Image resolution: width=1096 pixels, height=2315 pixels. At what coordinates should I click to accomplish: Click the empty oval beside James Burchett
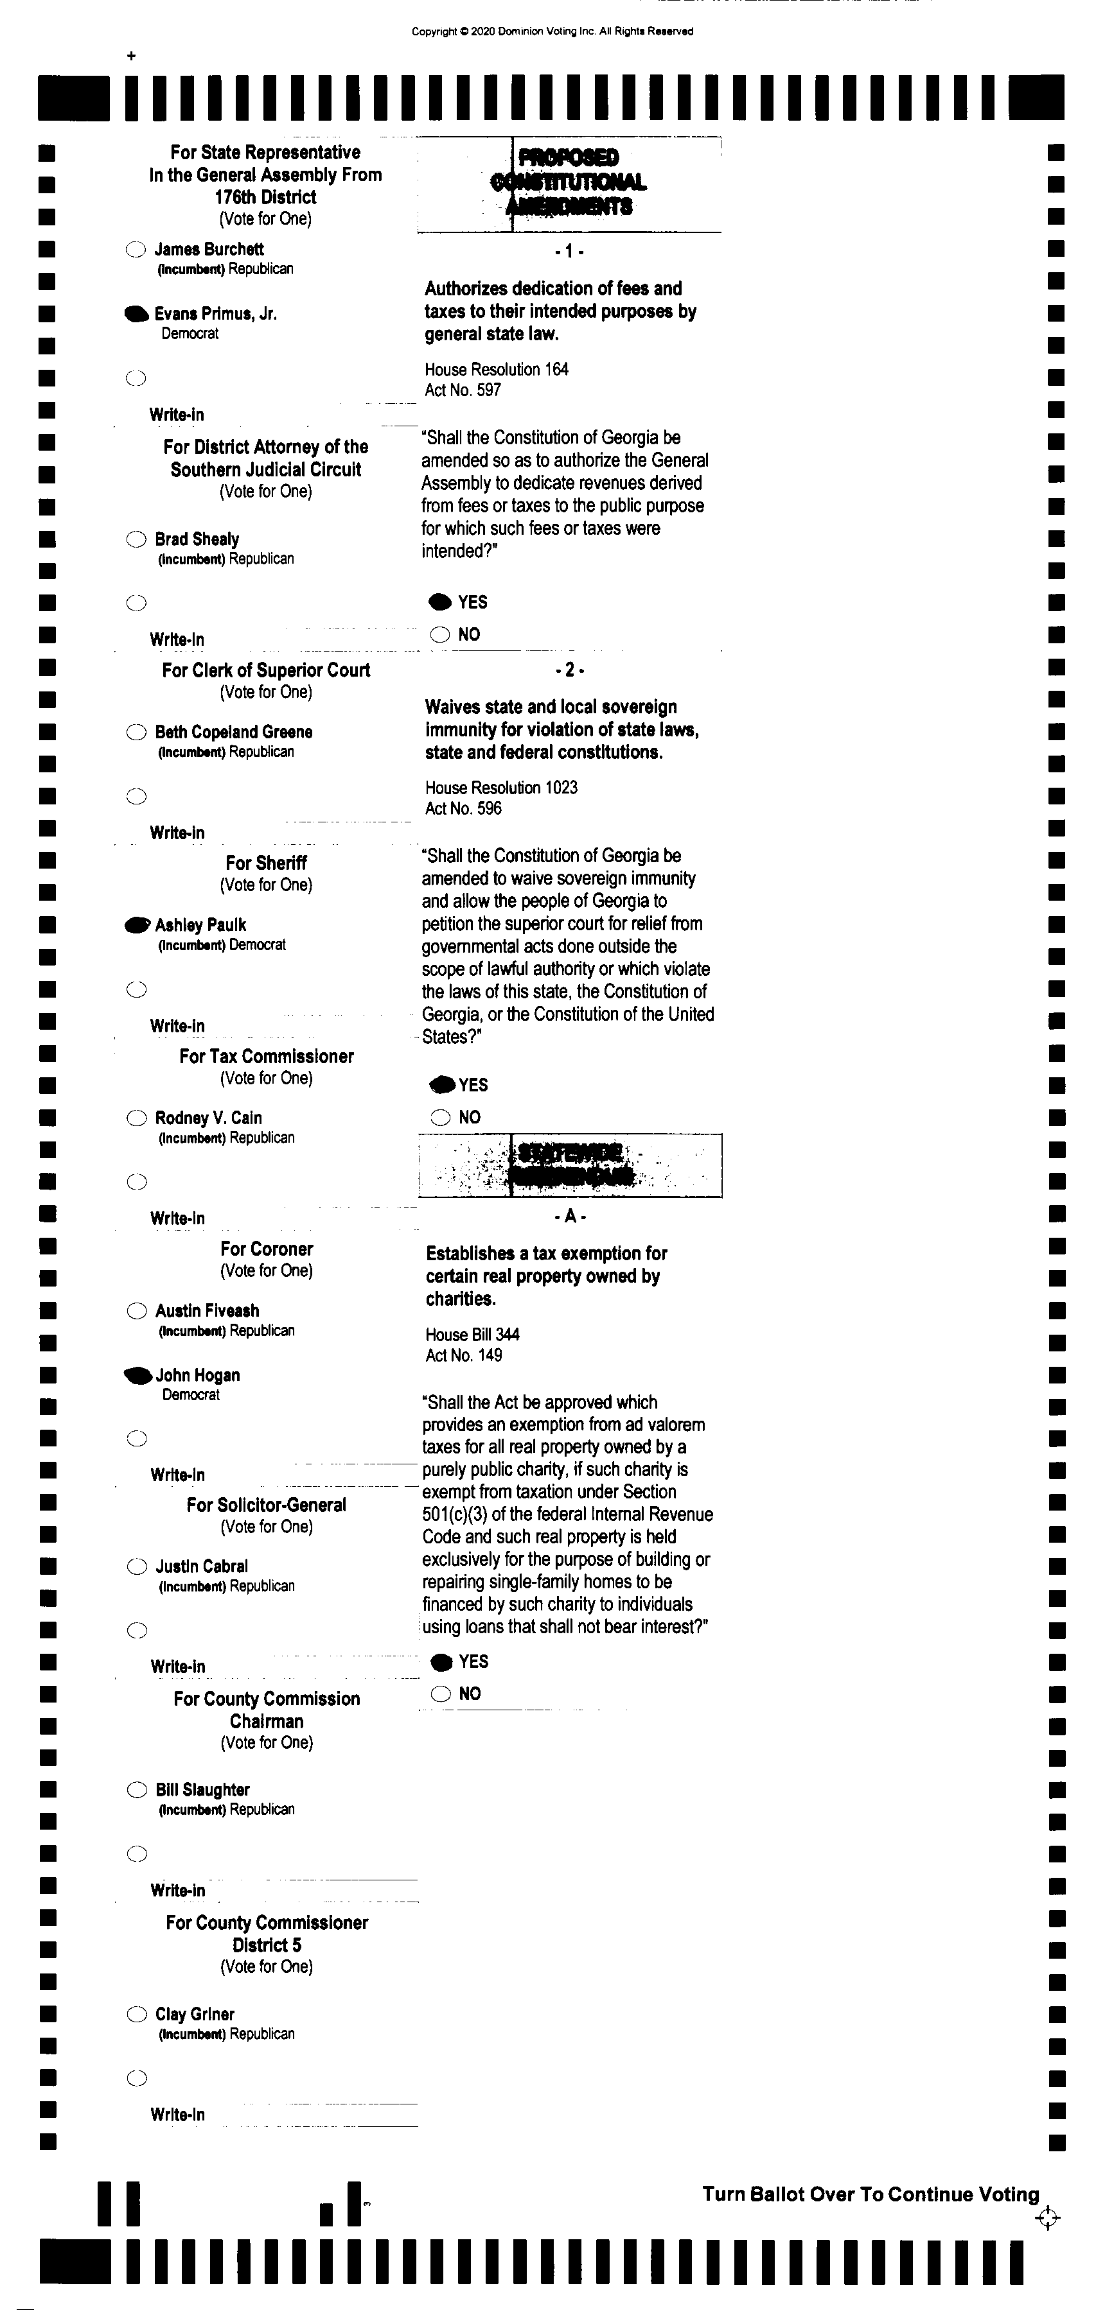tap(136, 250)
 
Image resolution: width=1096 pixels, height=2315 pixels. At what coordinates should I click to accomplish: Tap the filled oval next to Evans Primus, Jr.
tap(136, 314)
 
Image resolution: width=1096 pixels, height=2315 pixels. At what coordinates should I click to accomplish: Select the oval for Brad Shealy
tap(136, 539)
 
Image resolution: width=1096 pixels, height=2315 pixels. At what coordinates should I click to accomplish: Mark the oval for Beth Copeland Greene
tap(136, 733)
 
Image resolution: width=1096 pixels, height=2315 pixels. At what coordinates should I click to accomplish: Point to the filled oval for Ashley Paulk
tap(137, 924)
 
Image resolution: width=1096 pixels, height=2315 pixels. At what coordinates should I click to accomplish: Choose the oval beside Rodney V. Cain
tap(136, 1118)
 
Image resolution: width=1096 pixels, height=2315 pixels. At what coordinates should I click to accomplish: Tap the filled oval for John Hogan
tap(137, 1375)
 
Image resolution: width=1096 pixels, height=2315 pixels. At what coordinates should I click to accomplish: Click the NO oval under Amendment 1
tap(439, 634)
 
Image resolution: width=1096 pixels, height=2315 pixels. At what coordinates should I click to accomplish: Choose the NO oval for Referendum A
tap(441, 1694)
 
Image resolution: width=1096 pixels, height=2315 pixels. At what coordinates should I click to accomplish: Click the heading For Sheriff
tap(266, 863)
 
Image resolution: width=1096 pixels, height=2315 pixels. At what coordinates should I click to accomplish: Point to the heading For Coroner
tap(266, 1249)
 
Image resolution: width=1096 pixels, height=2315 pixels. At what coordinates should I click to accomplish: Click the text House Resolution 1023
tap(501, 787)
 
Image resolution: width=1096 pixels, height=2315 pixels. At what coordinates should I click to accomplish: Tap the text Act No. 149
tap(463, 1355)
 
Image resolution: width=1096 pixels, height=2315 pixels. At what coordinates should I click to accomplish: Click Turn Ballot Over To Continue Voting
tap(871, 2194)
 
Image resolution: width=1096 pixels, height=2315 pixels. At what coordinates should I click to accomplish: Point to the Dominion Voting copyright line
tap(552, 31)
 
